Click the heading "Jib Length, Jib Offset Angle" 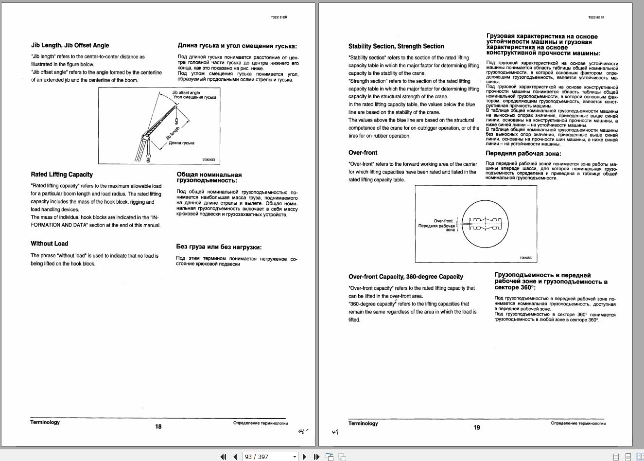70,45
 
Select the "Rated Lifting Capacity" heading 62,174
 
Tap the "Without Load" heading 50,244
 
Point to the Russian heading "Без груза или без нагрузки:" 219,247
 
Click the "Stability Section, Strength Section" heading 396,46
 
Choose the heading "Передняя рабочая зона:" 523,153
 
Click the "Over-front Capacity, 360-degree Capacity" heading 406,277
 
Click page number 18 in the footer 158,426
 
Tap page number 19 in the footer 477,427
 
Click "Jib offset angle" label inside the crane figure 186,92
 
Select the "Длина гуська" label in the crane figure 181,143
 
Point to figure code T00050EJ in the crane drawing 209,160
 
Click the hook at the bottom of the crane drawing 148,158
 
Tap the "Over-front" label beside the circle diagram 443,221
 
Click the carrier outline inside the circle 486,224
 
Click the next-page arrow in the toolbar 304,457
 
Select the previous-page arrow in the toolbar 235,457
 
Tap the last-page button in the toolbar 316,457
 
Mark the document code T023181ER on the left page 279,17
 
